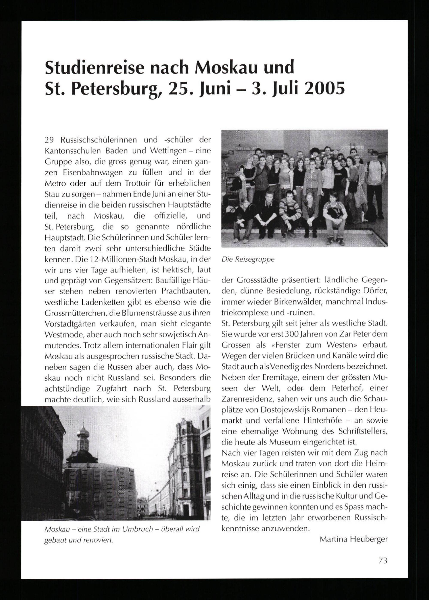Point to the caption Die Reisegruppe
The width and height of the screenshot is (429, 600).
tap(248, 259)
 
